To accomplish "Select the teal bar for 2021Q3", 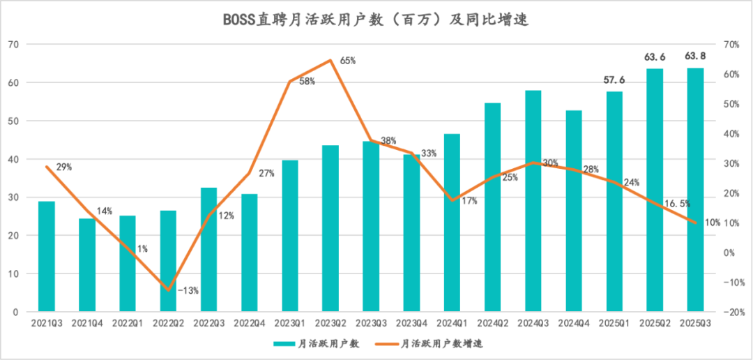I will point(46,256).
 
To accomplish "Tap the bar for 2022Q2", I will point(168,261).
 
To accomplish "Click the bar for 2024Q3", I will point(533,201).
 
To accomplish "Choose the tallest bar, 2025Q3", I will point(695,190).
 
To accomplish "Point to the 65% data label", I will point(348,61).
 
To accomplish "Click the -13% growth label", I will point(188,290).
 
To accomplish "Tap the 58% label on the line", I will point(307,82).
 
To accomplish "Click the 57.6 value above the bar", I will point(614,80).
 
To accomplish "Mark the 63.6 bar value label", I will point(655,57).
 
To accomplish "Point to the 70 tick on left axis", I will point(15,45).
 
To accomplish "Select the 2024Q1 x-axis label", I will point(452,324).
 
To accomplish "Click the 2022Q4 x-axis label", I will point(249,324).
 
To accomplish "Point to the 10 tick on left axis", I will point(15,274).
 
